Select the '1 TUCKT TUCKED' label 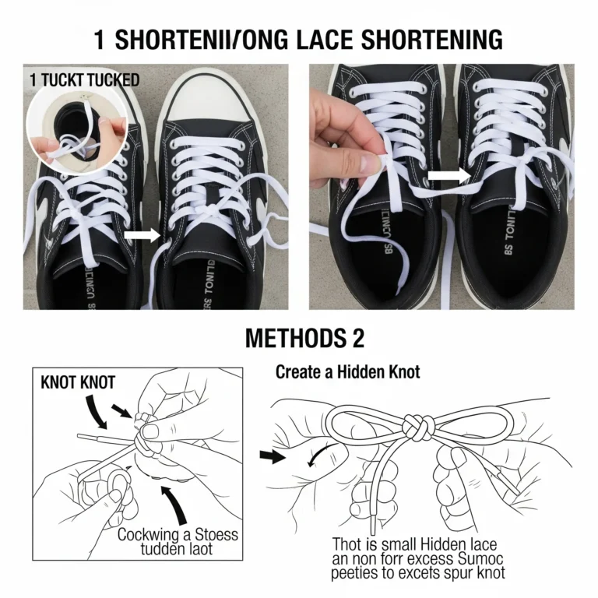pyautogui.click(x=84, y=79)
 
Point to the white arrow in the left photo pyautogui.click(x=142, y=234)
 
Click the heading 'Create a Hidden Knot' pyautogui.click(x=347, y=372)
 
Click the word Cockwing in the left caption pyautogui.click(x=149, y=536)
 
